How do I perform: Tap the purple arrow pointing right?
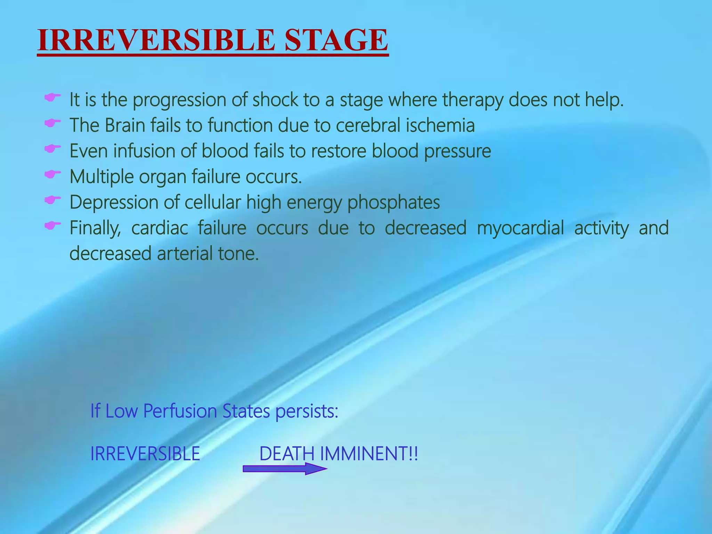284,469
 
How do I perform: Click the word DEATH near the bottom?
287,454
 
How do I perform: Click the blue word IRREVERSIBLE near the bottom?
145,454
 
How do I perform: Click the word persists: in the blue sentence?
307,411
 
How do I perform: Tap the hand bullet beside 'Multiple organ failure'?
52,174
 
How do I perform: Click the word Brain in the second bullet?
125,125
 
